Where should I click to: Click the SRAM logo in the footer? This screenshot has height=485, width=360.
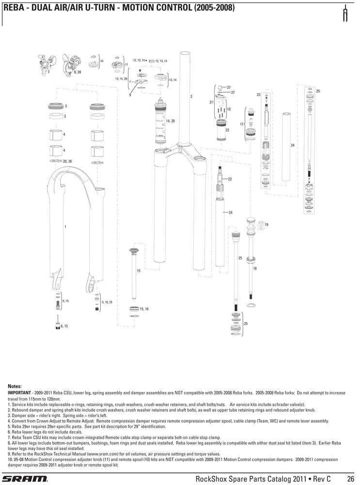coord(26,479)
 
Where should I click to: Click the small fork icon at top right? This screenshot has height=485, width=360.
coord(345,15)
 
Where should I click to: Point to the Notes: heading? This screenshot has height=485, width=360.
coord(15,386)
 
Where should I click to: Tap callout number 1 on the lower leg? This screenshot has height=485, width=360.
coord(65,226)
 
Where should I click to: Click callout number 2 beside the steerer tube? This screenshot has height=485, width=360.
coord(191,97)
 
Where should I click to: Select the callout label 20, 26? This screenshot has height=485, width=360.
coord(67,161)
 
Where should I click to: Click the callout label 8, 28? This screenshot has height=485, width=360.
coord(77,72)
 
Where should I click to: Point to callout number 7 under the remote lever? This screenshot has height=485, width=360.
coord(48,72)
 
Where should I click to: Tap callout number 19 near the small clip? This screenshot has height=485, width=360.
coord(266,225)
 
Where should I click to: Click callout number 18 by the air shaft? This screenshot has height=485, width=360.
coord(255,268)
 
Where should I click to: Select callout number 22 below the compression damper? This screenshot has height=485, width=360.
coord(227,130)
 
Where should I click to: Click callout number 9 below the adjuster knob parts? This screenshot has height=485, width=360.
coord(130,95)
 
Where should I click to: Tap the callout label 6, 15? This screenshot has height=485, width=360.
coord(64,326)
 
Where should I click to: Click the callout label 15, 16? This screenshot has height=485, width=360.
coord(144,308)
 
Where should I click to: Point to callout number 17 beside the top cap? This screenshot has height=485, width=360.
coord(241,125)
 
